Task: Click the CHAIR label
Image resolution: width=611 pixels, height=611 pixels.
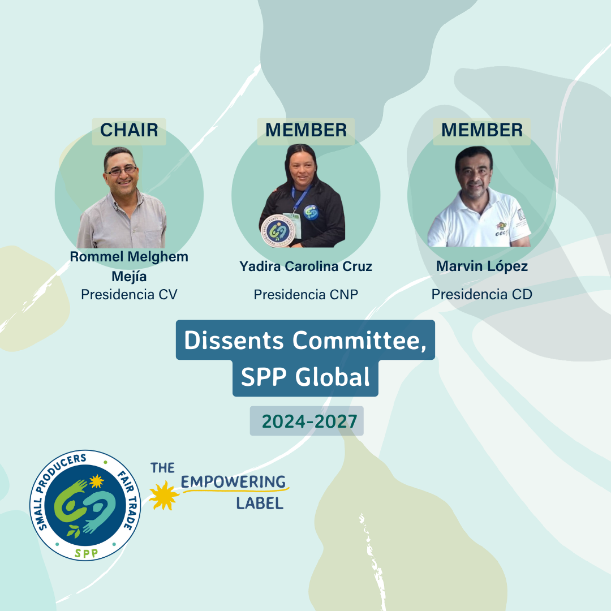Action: pyautogui.click(x=129, y=130)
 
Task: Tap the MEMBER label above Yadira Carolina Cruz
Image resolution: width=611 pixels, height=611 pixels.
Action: pyautogui.click(x=306, y=130)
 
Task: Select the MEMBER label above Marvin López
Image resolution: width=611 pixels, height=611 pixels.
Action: pyautogui.click(x=482, y=130)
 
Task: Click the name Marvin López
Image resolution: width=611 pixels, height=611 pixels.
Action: pyautogui.click(x=482, y=266)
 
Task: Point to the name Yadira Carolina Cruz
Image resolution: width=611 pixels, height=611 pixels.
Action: pyautogui.click(x=306, y=266)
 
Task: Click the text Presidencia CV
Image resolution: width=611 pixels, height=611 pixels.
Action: pyautogui.click(x=129, y=295)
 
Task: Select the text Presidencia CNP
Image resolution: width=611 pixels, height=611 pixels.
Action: pyautogui.click(x=306, y=295)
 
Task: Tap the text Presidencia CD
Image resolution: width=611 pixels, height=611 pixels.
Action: pyautogui.click(x=481, y=295)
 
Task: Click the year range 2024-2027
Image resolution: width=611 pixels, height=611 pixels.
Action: pyautogui.click(x=309, y=421)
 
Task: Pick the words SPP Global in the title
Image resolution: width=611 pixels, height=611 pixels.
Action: pyautogui.click(x=305, y=377)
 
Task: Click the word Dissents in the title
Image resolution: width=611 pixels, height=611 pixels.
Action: pyautogui.click(x=234, y=340)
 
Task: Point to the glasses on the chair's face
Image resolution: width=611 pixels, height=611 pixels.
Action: pyautogui.click(x=122, y=171)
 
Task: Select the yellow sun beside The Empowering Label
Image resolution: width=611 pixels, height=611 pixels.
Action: pyautogui.click(x=164, y=495)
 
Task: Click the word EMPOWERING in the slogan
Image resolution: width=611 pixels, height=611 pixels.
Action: pyautogui.click(x=234, y=482)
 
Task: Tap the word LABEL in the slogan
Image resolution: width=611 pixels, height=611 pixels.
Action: pyautogui.click(x=260, y=504)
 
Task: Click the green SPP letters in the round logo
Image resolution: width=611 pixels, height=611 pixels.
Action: pyautogui.click(x=86, y=553)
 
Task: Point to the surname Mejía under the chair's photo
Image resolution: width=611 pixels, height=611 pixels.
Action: pyautogui.click(x=129, y=277)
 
